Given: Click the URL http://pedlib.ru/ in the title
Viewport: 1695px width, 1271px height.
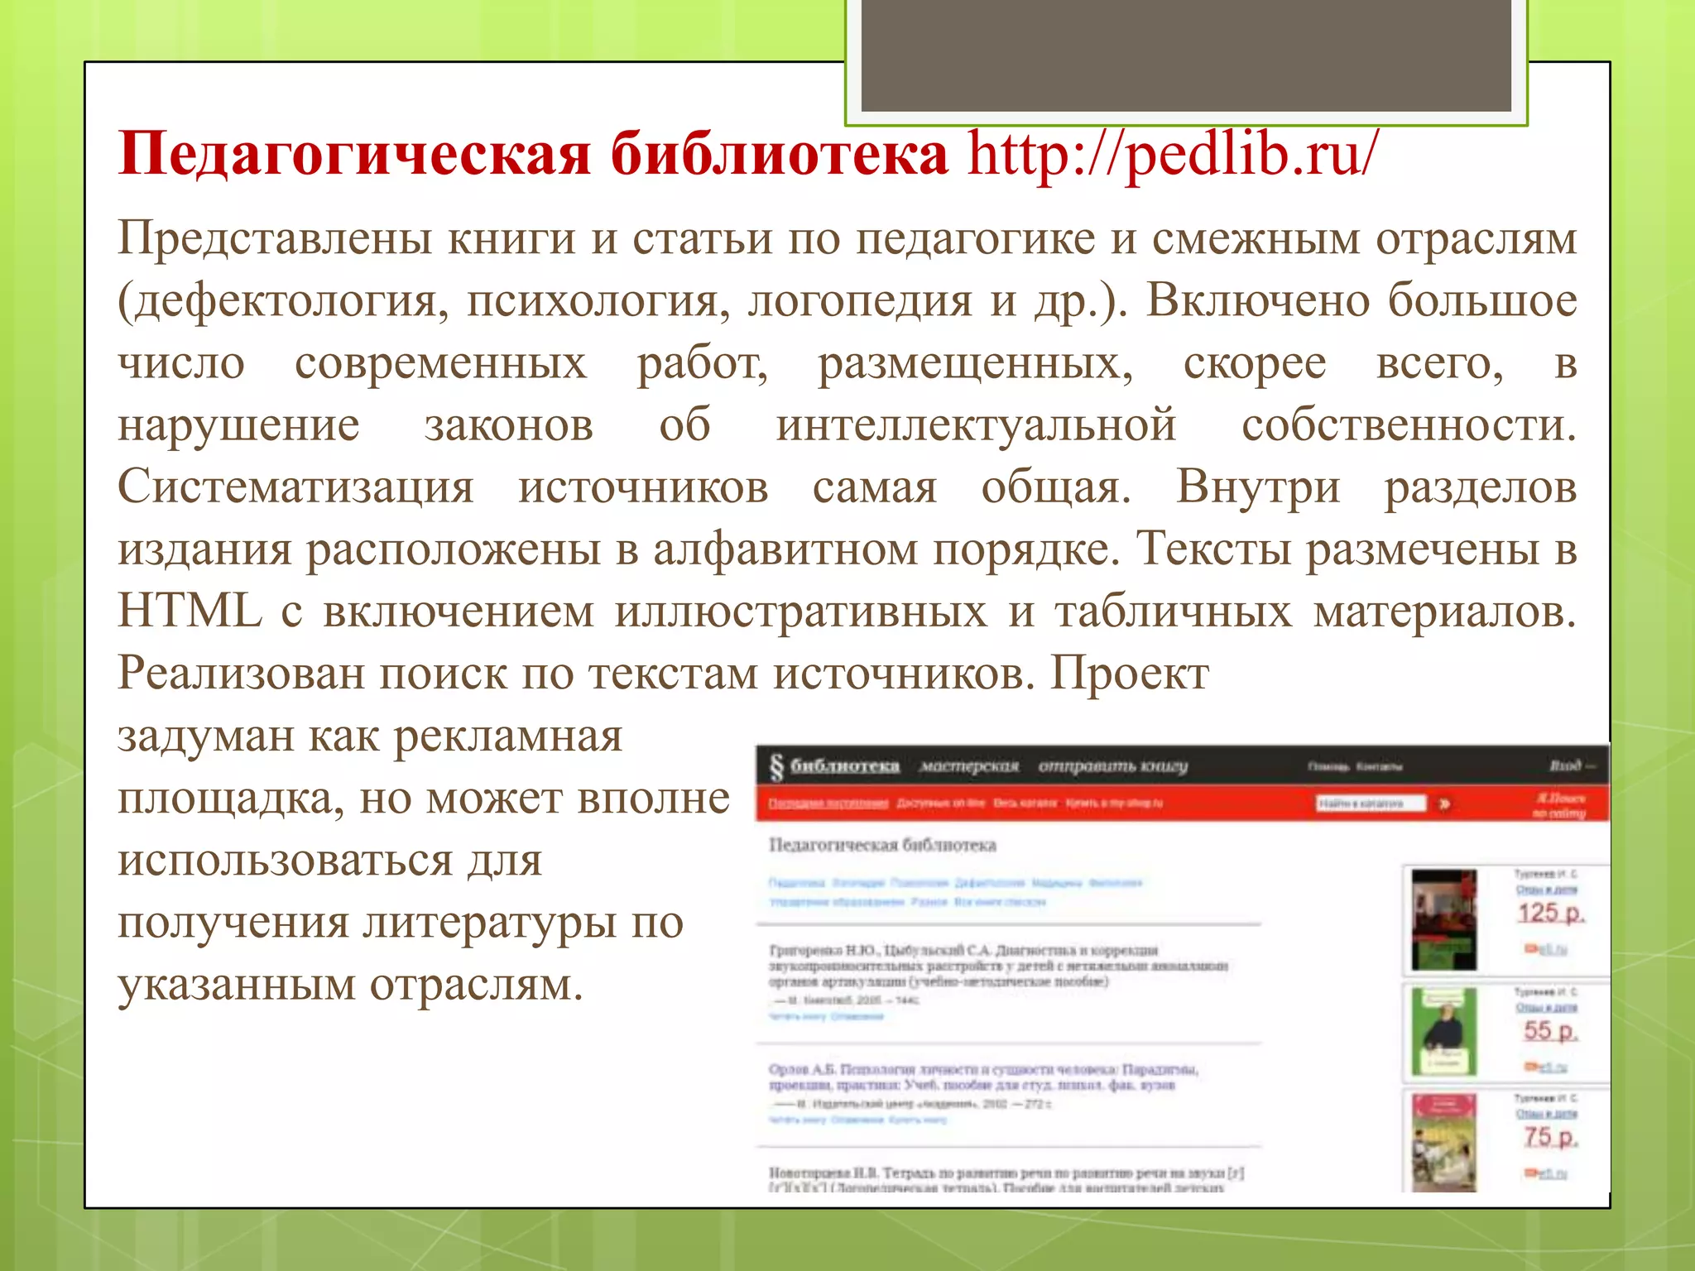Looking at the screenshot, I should click(1173, 155).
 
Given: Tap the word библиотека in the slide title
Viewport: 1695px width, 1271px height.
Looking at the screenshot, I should click(779, 155).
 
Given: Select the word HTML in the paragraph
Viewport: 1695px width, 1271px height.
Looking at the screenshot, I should click(190, 612).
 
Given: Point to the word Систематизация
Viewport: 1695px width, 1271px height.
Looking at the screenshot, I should click(295, 487).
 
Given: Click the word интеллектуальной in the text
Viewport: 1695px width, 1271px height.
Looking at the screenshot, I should click(976, 425).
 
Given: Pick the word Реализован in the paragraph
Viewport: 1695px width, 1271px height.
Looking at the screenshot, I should click(241, 674).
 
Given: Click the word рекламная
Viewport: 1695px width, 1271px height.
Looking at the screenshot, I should click(507, 736).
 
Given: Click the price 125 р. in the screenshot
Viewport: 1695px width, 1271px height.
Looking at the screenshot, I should click(1549, 914).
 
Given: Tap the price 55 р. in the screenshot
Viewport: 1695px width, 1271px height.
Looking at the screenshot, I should click(1550, 1031).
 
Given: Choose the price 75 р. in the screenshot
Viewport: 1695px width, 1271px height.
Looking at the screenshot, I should click(1550, 1138).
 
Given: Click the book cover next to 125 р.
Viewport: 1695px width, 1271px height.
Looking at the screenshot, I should click(1443, 919).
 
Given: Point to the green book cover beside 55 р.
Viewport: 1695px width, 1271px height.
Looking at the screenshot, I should click(1443, 1032).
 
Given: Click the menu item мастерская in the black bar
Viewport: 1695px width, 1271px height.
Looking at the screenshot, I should click(969, 766).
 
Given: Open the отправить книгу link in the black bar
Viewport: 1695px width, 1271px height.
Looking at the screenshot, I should click(1112, 766).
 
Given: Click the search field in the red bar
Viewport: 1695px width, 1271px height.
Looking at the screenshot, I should click(1371, 803).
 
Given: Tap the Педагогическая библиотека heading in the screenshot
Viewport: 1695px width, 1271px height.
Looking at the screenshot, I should click(882, 845).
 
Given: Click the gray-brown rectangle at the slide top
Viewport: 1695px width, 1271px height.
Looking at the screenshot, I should click(1186, 55).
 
